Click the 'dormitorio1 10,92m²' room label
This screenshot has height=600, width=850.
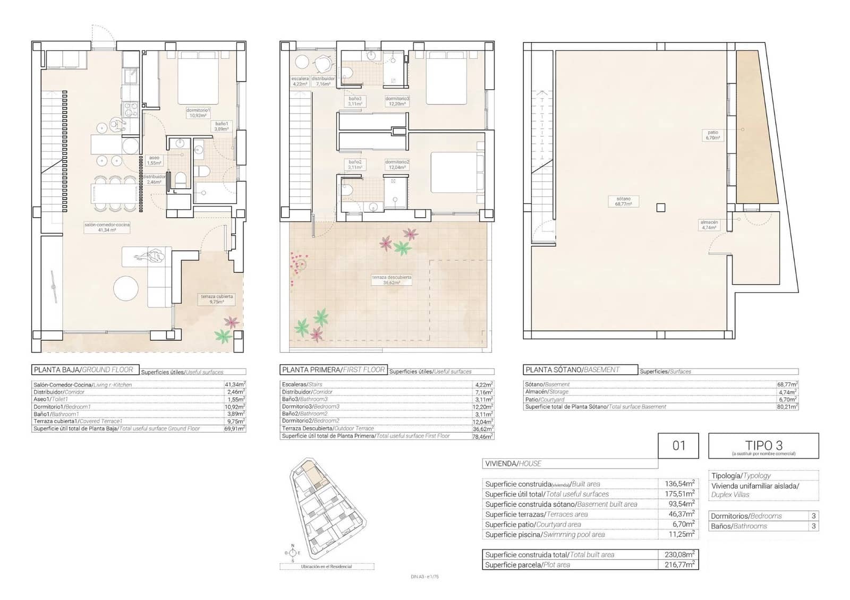199,113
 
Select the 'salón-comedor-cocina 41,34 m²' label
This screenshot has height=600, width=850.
107,227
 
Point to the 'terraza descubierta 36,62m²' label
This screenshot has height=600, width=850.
392,280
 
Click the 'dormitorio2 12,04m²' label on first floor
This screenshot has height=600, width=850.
397,165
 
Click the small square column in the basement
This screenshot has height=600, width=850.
660,208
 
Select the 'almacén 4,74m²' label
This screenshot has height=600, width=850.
709,225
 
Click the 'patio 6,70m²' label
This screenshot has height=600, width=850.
712,135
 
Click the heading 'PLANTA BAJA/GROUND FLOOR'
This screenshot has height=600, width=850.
83,370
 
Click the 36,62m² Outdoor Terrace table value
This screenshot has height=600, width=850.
483,428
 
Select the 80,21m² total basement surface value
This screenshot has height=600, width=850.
787,407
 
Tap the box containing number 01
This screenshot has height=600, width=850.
679,445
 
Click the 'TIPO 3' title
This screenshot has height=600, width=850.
763,445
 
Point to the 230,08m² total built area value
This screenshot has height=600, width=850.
679,554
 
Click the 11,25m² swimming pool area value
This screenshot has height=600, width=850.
679,535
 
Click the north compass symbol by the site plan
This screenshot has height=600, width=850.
292,553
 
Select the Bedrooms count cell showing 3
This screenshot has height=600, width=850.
813,516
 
